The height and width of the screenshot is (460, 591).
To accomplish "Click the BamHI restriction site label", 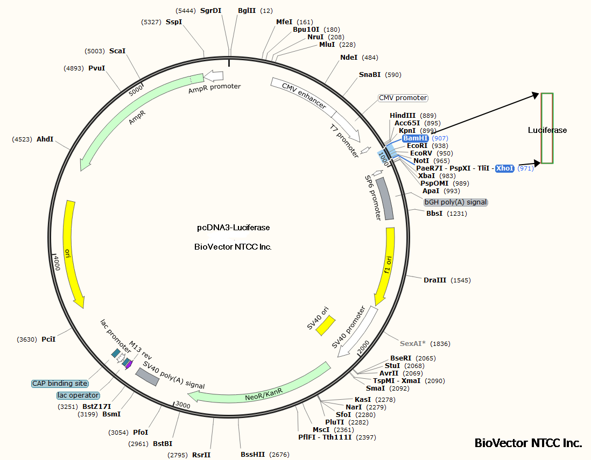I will pos(416,138).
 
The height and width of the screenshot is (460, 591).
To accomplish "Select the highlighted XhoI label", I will pos(505,168).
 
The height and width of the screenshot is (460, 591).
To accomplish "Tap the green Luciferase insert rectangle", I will pos(547,128).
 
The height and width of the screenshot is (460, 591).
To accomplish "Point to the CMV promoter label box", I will pos(403,98).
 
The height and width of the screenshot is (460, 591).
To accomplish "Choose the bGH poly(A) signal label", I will pos(456,202).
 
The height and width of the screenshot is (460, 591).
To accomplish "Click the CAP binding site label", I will pos(60,384).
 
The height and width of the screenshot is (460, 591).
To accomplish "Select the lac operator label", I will pos(78,395).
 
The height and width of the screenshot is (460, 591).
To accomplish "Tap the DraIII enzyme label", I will pos(435,280).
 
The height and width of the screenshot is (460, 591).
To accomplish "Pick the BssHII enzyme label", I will pos(253,455).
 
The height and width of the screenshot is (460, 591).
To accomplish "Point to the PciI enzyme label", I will pos(48,339).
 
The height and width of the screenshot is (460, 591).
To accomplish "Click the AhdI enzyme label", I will pos(45,139).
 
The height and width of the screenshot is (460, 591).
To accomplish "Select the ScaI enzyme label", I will pos(117,51).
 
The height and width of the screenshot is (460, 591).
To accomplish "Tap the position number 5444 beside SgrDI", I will pos(186,11).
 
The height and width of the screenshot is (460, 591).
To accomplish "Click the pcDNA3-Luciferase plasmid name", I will pos(233,228).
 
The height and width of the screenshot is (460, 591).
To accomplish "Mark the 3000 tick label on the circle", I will pos(182,405).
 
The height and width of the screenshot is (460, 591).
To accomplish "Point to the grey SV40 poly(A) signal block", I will pos(147,377).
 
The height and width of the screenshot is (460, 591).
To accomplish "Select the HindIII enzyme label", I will pos(403,116).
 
